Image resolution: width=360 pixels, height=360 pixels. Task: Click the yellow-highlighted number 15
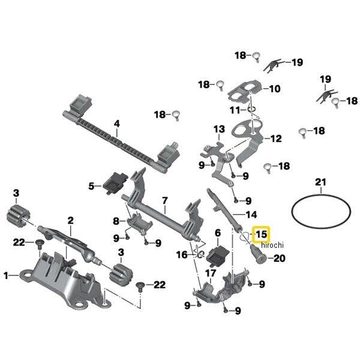click(262, 234)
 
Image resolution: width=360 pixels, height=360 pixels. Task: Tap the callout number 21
click(321, 182)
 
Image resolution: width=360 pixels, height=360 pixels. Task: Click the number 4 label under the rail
click(117, 125)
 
